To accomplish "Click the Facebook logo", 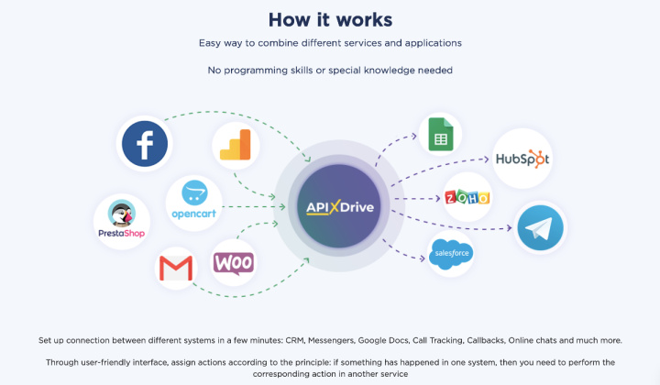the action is click(x=145, y=144).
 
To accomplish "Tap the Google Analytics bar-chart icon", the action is click(x=236, y=145).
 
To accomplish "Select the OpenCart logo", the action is click(x=194, y=200).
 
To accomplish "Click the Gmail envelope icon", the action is click(x=176, y=268).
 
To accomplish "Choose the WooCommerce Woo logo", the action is click(x=234, y=263).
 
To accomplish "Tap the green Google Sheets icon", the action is click(x=441, y=134).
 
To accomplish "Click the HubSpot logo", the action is click(x=522, y=159).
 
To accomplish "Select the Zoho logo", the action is click(x=467, y=197).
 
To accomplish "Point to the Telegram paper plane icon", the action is click(x=540, y=227).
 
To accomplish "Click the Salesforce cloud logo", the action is click(x=451, y=253).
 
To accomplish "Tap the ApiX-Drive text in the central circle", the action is click(x=340, y=207).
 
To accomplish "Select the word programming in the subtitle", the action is click(x=256, y=71).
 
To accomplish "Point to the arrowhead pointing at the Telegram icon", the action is click(x=509, y=227).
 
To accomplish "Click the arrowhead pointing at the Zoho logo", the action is click(x=437, y=198).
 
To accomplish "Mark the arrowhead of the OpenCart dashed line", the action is click(x=282, y=206).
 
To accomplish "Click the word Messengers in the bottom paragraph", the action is click(x=331, y=340).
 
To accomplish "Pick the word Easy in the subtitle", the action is click(x=210, y=43).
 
